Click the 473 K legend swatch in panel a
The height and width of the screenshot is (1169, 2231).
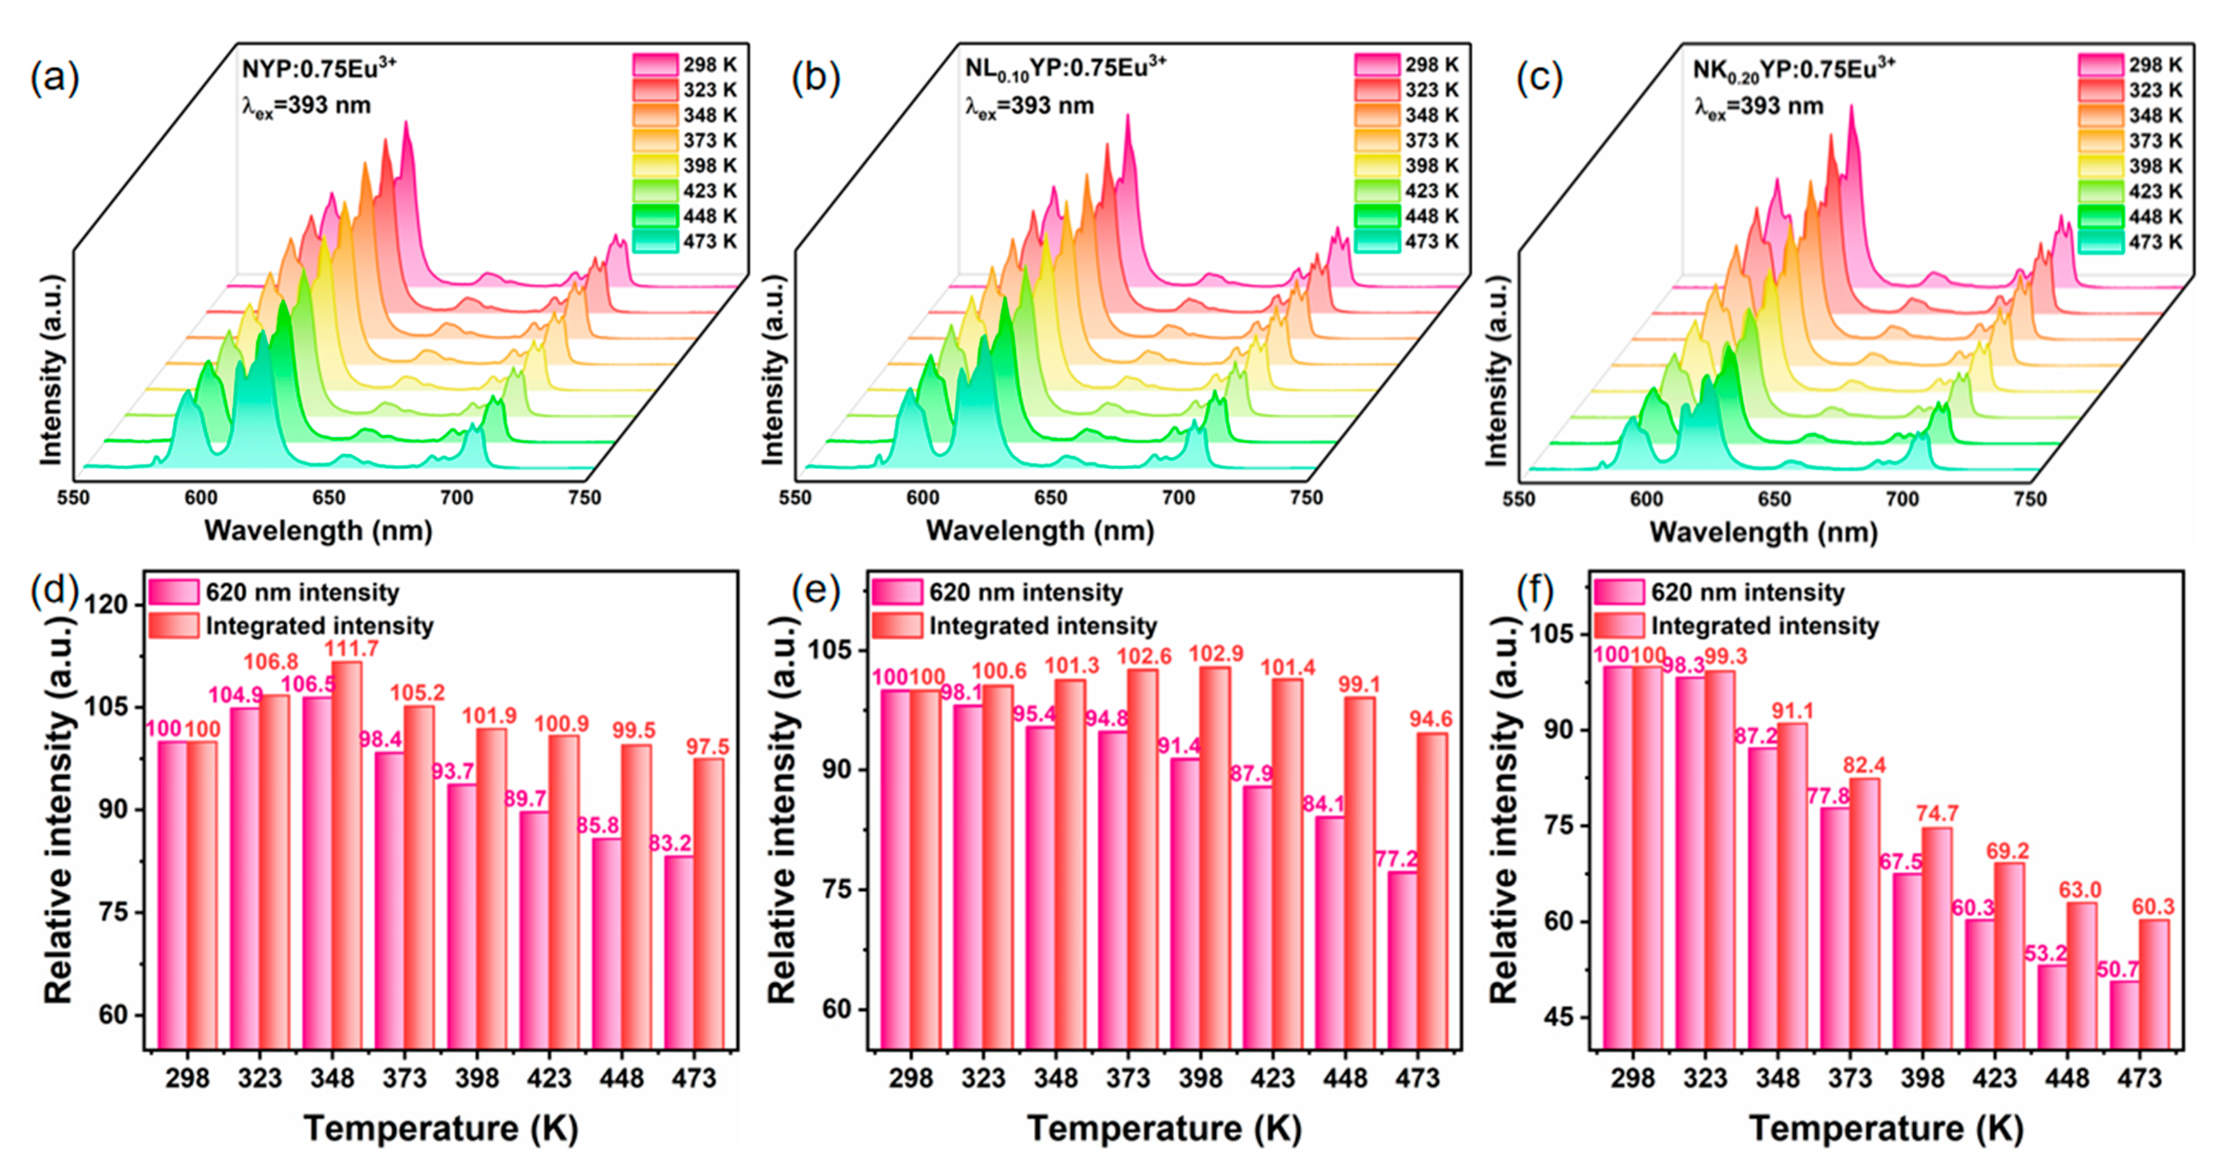click(x=656, y=242)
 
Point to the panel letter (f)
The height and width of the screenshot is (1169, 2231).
click(x=1535, y=592)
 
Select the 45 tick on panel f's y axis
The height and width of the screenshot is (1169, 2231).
click(x=1552, y=1018)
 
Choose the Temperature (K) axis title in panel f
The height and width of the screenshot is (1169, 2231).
click(x=1886, y=1129)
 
